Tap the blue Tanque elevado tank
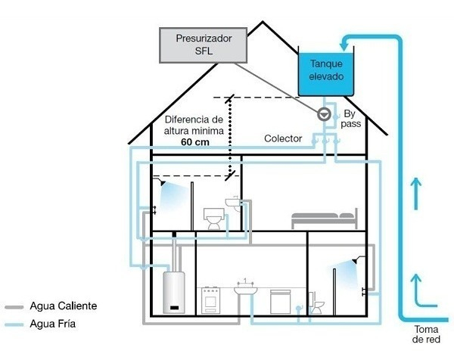pos(325,71)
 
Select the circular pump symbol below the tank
pos(324,114)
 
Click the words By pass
pos(350,119)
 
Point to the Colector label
pos(283,139)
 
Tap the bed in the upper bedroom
pos(324,219)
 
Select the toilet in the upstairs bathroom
pos(215,219)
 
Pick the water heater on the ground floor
pos(175,292)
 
